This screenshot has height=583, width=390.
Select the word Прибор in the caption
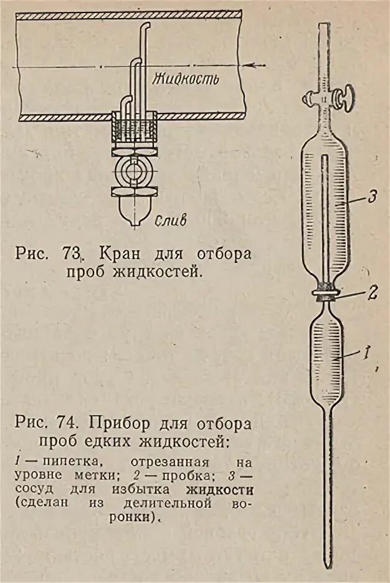(x=119, y=424)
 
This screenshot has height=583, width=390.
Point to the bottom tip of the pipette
(x=326, y=565)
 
